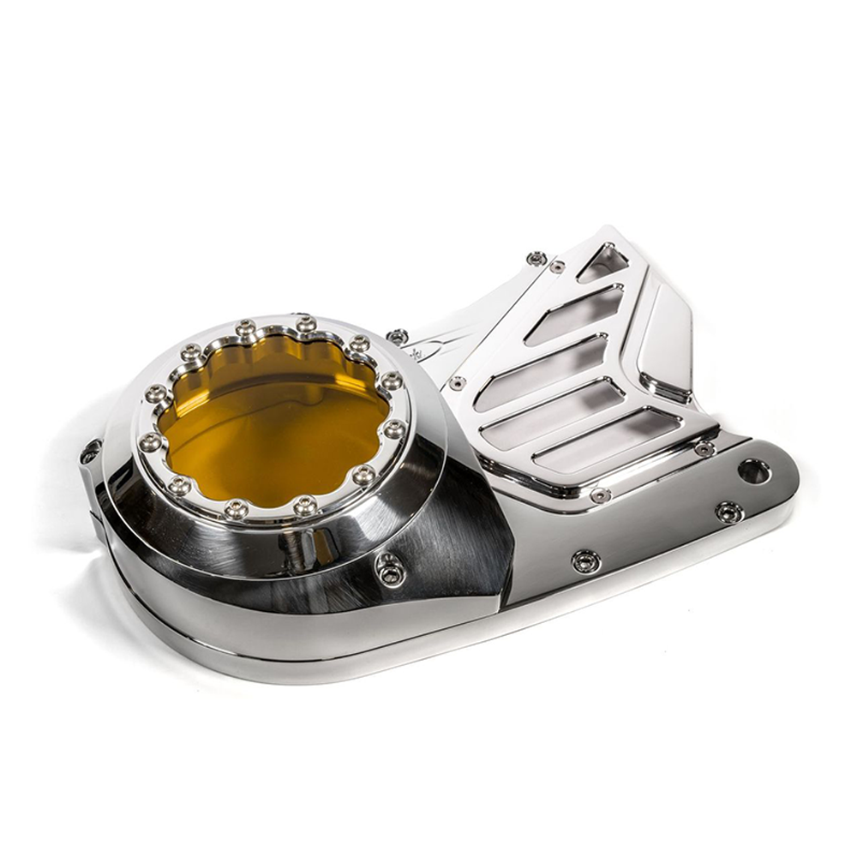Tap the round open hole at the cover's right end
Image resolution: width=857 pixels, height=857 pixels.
coord(753,470)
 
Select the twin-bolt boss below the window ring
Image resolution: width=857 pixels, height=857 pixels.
coord(390,569)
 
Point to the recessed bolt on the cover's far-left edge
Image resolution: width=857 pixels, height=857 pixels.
coord(91,452)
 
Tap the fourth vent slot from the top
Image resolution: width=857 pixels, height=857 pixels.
coord(553,413)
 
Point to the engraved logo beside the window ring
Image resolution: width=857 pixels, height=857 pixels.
coord(438,352)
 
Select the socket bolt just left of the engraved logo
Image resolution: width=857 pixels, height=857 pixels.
coord(397,337)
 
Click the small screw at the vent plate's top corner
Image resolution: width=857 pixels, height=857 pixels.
coord(558,267)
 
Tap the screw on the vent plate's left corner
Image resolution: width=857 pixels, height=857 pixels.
coord(458,383)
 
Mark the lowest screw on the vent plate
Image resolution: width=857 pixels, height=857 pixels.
coord(600,495)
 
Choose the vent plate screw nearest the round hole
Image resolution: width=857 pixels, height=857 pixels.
coord(704,449)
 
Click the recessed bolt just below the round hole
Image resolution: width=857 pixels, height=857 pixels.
coord(729,512)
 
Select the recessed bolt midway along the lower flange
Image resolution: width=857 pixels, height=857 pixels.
coord(586,561)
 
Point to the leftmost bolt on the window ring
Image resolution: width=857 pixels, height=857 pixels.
coord(152,442)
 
